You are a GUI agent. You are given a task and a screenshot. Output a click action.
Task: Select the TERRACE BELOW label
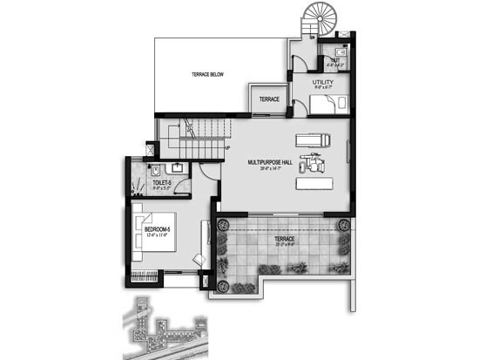[208, 76]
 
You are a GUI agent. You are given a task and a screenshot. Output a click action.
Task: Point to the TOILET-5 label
[162, 182]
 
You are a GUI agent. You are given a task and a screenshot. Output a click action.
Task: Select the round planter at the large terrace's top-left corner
[222, 223]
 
